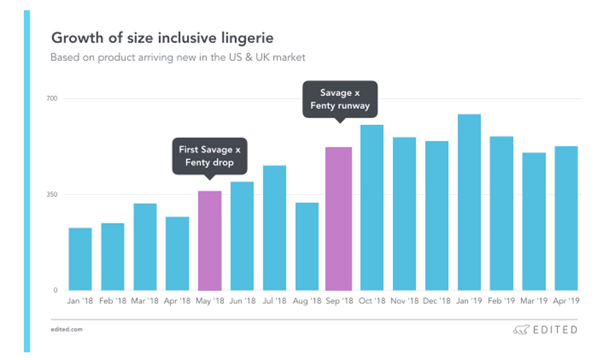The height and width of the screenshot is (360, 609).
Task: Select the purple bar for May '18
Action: point(210,241)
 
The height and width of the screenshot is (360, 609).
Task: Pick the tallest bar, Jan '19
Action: point(469,203)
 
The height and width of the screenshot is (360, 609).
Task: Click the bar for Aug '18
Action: point(307,247)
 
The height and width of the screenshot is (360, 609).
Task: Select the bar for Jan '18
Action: point(80,259)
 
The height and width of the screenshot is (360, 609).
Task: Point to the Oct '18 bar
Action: point(371,208)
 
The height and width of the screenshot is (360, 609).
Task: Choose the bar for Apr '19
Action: point(566,218)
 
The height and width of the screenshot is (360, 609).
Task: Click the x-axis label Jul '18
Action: point(275,301)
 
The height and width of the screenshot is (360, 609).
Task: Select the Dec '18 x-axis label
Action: point(436,301)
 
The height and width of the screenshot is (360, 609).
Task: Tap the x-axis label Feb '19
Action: point(501,301)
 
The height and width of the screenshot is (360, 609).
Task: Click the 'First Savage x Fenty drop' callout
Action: point(210,156)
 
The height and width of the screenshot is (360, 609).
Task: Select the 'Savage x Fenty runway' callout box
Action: point(340,99)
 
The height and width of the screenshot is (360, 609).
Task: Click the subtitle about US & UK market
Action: point(178,57)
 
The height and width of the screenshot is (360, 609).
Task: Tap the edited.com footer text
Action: point(66,330)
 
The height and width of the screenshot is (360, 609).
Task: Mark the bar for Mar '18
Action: point(145,247)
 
